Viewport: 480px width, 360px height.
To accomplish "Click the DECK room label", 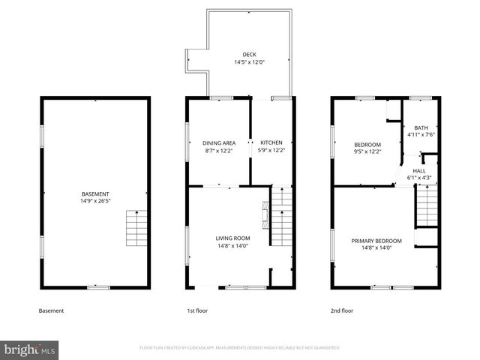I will tap(248, 55).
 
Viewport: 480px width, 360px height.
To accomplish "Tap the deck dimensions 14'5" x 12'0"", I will tap(248, 62).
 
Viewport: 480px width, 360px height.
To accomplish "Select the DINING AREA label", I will tap(219, 142).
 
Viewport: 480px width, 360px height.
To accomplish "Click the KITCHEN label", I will tap(271, 142).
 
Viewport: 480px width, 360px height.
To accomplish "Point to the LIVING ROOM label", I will tap(232, 238).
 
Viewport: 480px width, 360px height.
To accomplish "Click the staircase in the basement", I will tap(137, 229).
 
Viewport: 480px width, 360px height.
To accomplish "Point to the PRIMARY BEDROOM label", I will tap(376, 241).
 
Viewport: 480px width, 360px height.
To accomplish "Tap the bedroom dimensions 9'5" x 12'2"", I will tap(367, 151).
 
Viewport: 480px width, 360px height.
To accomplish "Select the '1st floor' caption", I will tap(197, 310).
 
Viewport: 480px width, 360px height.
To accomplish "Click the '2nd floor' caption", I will tap(342, 310).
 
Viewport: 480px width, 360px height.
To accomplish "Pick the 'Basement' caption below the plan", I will tap(51, 310).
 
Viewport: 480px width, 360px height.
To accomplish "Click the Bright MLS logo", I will tap(30, 349).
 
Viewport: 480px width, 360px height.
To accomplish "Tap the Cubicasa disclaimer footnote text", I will tap(240, 348).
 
